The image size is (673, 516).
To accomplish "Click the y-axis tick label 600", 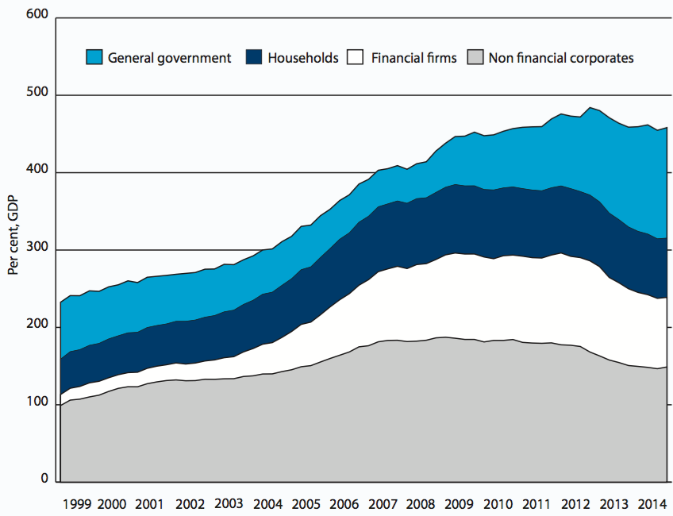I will click(x=37, y=16).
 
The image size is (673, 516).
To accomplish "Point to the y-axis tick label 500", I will click(x=37, y=94).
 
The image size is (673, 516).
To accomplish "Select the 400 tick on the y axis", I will click(x=37, y=171).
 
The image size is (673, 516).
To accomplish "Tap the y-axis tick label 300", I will click(x=37, y=249).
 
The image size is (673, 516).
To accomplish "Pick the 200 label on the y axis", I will click(x=37, y=327).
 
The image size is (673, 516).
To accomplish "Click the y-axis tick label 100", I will click(x=37, y=404).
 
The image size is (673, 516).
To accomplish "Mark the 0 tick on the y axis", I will click(x=44, y=479).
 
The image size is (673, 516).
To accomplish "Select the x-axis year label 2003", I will click(x=229, y=503).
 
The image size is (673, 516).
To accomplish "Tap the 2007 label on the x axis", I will click(x=383, y=504).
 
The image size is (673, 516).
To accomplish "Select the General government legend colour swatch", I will click(x=94, y=57).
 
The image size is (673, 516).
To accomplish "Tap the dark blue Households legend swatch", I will click(x=254, y=57).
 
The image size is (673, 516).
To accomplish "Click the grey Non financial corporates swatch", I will click(x=475, y=57).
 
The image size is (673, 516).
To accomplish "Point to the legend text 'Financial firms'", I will click(x=413, y=58).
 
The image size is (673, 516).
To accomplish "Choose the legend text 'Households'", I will click(x=303, y=58).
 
